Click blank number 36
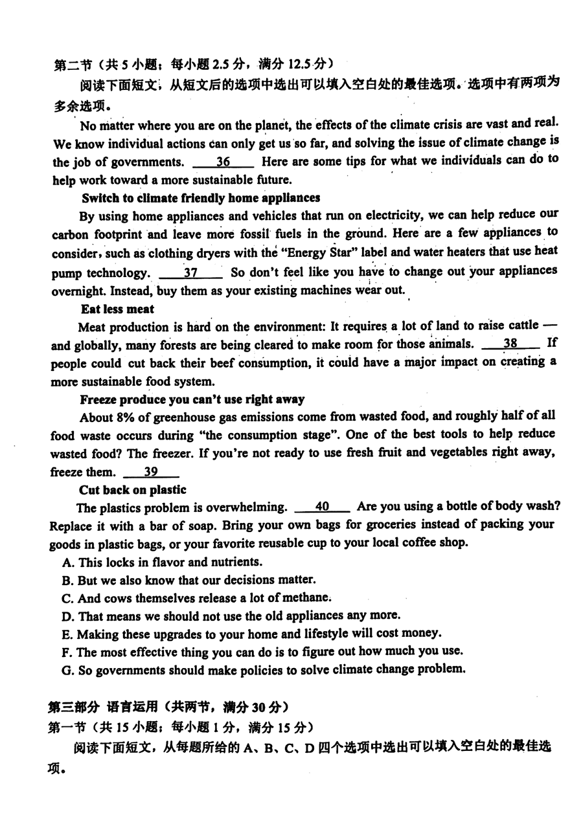click(223, 162)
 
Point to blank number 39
click(150, 473)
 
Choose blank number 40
click(322, 507)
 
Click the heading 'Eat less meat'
click(117, 309)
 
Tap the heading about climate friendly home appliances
click(201, 197)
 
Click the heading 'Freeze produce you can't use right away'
click(192, 399)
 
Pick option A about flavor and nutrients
click(162, 562)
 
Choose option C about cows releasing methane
click(197, 598)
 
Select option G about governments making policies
click(263, 669)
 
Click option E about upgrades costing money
click(251, 633)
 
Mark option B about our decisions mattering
click(189, 580)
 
